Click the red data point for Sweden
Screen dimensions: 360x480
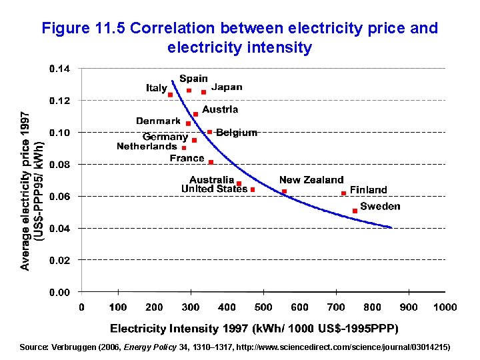(x=355, y=211)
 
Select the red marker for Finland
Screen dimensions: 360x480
(x=343, y=193)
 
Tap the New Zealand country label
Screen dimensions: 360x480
(x=311, y=180)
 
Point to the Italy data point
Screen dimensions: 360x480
(x=171, y=95)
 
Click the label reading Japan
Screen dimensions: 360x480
(x=227, y=87)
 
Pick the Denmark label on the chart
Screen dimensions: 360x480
(x=158, y=121)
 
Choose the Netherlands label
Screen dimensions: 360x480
(x=147, y=146)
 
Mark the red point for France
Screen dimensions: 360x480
(x=211, y=162)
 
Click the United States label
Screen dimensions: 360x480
(x=214, y=189)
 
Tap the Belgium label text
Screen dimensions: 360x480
(x=237, y=132)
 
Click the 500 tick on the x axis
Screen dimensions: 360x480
(x=263, y=307)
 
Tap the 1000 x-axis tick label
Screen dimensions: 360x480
(x=445, y=307)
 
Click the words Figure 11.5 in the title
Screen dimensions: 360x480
(x=83, y=29)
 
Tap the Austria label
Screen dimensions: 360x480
(x=220, y=109)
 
